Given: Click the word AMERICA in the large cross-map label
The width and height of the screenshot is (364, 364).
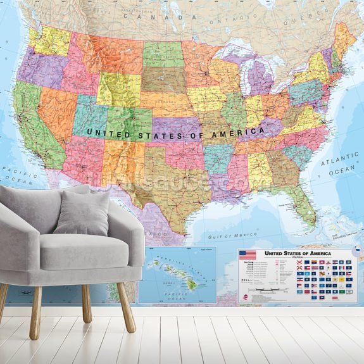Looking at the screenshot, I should [240, 132].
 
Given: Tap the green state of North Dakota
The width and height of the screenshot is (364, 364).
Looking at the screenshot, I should [162, 54].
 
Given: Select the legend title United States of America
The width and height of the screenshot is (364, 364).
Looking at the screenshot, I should [297, 253].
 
